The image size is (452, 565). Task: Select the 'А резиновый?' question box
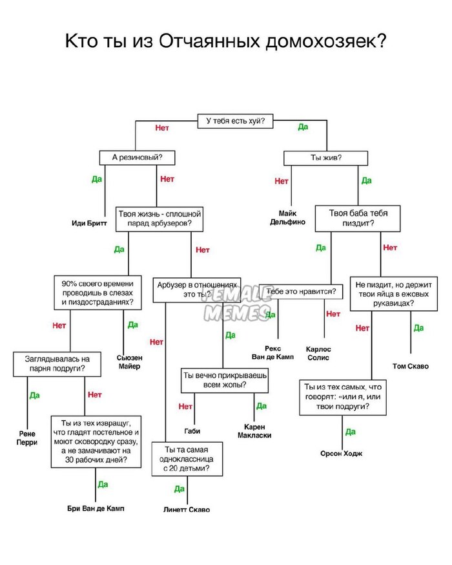[x=137, y=157]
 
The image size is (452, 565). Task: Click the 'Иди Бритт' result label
[x=89, y=223]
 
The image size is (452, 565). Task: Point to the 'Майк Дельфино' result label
[x=288, y=218]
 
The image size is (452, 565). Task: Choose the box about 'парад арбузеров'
[x=159, y=219]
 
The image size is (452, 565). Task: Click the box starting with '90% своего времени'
[x=98, y=292]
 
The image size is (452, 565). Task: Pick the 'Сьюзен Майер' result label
[x=129, y=361]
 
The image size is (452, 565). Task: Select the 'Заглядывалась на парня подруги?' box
[x=57, y=363]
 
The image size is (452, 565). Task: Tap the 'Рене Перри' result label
[x=27, y=438]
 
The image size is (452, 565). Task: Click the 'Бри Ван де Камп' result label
[x=96, y=508]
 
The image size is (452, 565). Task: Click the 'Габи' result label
[x=192, y=431]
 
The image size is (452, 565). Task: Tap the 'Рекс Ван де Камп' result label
[x=272, y=352]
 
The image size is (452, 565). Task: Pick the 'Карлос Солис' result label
[x=318, y=352]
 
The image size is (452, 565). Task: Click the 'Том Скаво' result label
[x=410, y=366]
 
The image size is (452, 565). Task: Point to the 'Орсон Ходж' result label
[x=341, y=453]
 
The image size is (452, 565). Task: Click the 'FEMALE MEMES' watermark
[x=232, y=304]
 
